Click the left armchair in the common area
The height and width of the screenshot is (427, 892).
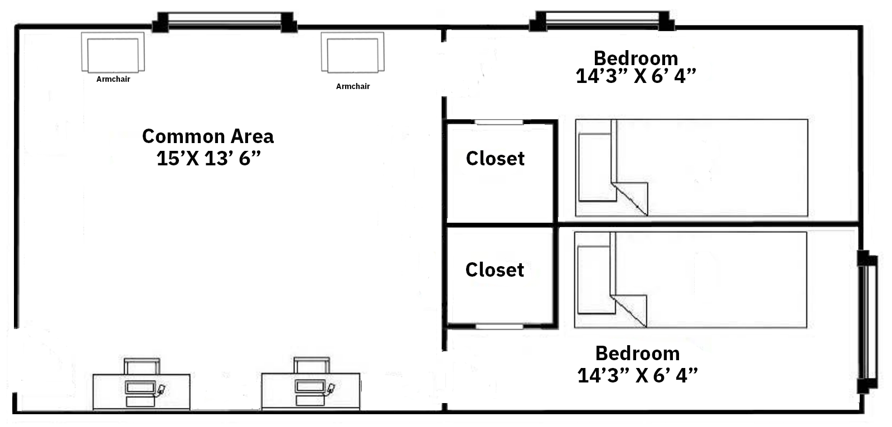[x=113, y=52]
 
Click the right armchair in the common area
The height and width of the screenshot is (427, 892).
[x=352, y=52]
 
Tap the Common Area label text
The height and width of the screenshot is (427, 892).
[x=208, y=136]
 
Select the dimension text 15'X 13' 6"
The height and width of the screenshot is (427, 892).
[x=209, y=159]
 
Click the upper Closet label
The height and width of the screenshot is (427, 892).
[x=495, y=159]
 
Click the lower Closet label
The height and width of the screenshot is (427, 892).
[x=495, y=270]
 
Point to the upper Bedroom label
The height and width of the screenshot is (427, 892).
[x=636, y=58]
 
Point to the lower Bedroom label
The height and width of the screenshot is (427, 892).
[x=637, y=353]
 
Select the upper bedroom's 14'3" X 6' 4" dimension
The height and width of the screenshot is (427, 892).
[x=636, y=76]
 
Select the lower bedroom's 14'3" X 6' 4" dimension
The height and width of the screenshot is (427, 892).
[x=638, y=375]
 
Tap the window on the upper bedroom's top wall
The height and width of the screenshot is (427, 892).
[x=602, y=21]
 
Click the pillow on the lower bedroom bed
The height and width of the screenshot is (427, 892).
[x=594, y=280]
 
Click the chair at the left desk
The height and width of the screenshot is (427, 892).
[x=142, y=366]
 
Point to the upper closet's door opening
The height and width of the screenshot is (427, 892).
[x=499, y=122]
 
